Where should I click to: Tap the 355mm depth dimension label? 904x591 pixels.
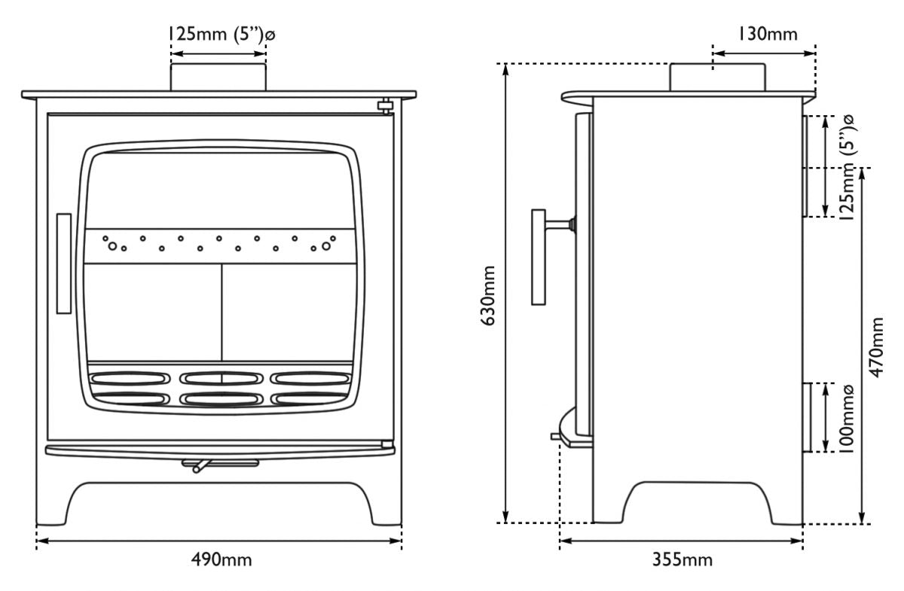tap(682, 559)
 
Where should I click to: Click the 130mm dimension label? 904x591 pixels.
tap(767, 33)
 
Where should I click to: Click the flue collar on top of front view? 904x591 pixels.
tap(218, 78)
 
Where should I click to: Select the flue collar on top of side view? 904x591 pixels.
tap(718, 78)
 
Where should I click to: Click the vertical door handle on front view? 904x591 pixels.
tap(64, 263)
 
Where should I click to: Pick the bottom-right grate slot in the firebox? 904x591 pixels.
tap(310, 398)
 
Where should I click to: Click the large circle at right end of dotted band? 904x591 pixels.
tap(326, 245)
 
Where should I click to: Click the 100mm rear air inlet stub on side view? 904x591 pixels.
tap(807, 417)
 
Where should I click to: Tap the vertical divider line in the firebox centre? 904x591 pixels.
tap(221, 313)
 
